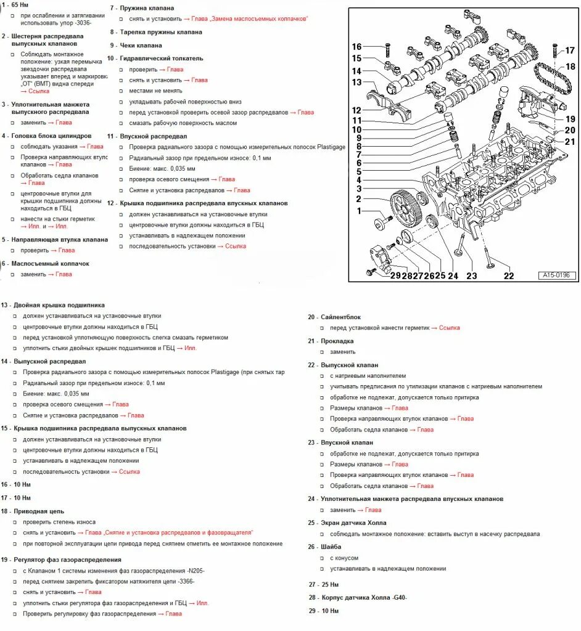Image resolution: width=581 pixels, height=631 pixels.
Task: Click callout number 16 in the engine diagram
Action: (x=357, y=47)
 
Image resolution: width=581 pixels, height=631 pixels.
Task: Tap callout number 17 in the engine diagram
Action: (x=570, y=51)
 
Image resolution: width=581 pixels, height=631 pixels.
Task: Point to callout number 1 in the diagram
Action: (x=358, y=211)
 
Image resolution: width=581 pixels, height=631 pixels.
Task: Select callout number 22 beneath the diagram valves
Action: (x=508, y=275)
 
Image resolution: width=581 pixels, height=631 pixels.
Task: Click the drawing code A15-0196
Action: (x=556, y=275)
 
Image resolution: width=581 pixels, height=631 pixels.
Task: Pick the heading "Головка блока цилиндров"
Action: (x=51, y=136)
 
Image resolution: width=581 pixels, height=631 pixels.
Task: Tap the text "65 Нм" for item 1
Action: (x=20, y=4)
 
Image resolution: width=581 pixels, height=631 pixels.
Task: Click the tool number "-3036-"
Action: (x=81, y=23)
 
